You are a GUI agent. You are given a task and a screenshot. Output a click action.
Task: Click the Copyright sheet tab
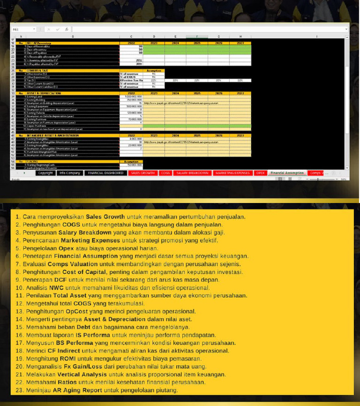tap(45, 173)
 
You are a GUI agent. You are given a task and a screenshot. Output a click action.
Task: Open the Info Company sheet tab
tap(70, 173)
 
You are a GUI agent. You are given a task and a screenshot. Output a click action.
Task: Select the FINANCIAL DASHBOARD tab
tap(105, 173)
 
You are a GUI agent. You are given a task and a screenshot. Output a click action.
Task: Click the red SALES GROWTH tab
tap(142, 173)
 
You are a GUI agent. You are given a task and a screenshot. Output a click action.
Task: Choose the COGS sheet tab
tap(165, 173)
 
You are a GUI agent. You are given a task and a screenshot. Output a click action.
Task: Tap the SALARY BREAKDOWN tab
tap(192, 173)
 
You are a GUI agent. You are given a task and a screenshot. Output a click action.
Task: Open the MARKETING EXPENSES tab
tap(232, 173)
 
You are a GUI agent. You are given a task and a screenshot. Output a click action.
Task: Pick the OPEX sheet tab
tap(261, 173)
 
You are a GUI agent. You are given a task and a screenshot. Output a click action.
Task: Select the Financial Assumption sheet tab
tap(287, 173)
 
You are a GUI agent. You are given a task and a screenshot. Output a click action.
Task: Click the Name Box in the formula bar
tap(23, 29)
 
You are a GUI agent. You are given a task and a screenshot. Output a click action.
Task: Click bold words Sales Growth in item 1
tap(105, 217)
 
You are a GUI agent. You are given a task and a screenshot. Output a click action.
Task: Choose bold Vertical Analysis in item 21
tap(82, 375)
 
